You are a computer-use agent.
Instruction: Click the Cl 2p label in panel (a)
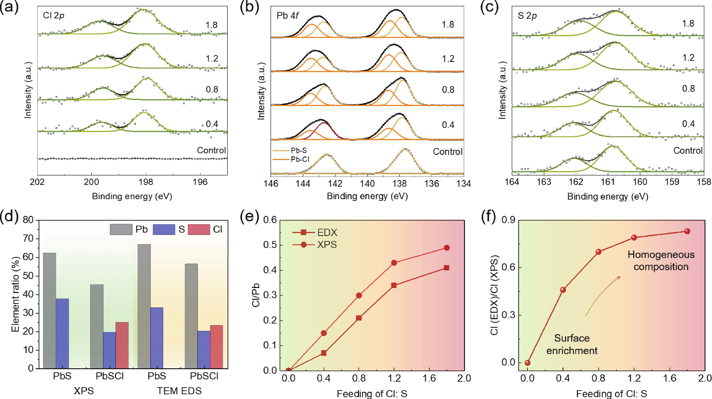(54, 15)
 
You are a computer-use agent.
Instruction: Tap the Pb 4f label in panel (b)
(288, 15)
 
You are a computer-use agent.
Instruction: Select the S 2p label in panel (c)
(527, 16)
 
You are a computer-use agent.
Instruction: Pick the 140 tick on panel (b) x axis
(367, 183)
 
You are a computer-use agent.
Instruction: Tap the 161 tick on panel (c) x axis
(608, 182)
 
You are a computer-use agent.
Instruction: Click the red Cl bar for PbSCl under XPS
(122, 345)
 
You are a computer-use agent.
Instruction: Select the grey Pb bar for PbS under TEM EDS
(144, 306)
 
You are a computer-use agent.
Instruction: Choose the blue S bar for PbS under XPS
(62, 333)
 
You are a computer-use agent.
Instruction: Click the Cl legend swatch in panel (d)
(199, 229)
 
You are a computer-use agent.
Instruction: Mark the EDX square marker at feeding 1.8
(446, 268)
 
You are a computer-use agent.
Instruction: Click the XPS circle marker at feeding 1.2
(394, 263)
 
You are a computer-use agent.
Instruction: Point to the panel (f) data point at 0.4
(563, 290)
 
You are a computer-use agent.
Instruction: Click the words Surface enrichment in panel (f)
(572, 344)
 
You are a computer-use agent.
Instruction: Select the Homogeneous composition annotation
(661, 260)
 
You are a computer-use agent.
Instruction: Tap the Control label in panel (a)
(211, 150)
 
